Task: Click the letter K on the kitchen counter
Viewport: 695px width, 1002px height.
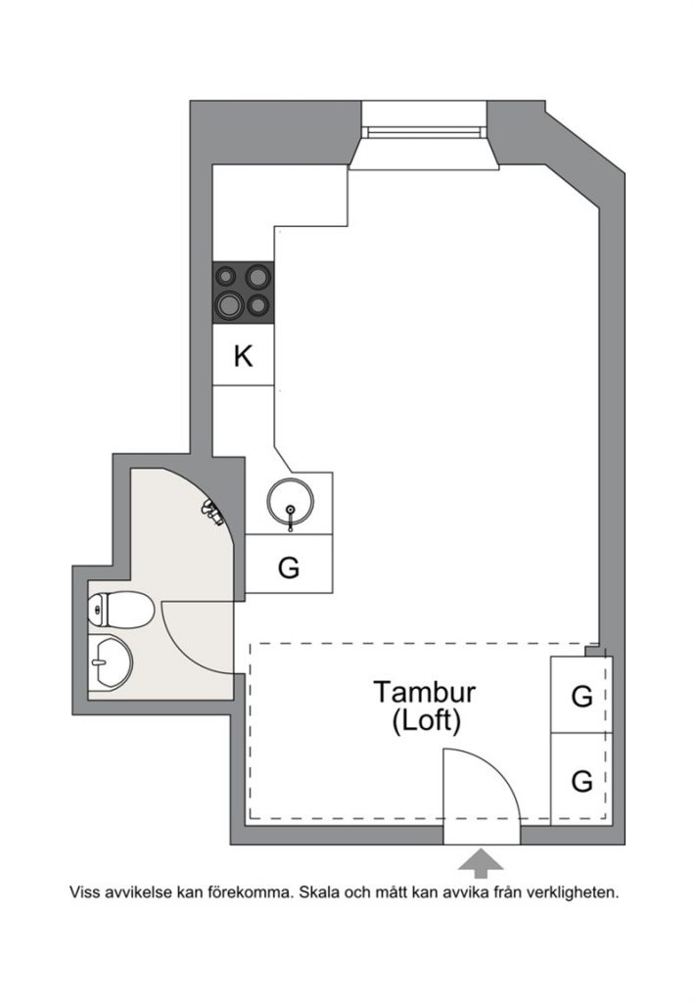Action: click(x=243, y=356)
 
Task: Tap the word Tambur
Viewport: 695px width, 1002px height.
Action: click(x=425, y=692)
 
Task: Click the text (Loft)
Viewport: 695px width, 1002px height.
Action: click(x=426, y=721)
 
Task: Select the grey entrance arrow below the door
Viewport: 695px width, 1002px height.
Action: click(x=481, y=863)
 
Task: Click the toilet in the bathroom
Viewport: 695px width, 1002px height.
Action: click(x=120, y=610)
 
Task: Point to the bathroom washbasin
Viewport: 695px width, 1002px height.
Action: click(x=110, y=662)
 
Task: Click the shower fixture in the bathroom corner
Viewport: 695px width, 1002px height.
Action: click(x=212, y=512)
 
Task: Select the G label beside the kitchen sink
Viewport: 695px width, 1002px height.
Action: click(x=289, y=568)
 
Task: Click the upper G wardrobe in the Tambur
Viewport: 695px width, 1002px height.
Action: click(x=581, y=697)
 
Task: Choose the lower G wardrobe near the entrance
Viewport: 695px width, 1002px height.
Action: click(x=581, y=780)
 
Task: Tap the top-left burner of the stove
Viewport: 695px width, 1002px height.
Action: click(x=225, y=276)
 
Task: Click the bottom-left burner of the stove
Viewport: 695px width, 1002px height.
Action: click(x=228, y=305)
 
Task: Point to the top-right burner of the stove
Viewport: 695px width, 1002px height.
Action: click(x=257, y=276)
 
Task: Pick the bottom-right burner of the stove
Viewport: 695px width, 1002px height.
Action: click(x=258, y=305)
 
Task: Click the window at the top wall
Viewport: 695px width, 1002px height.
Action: click(x=423, y=132)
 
